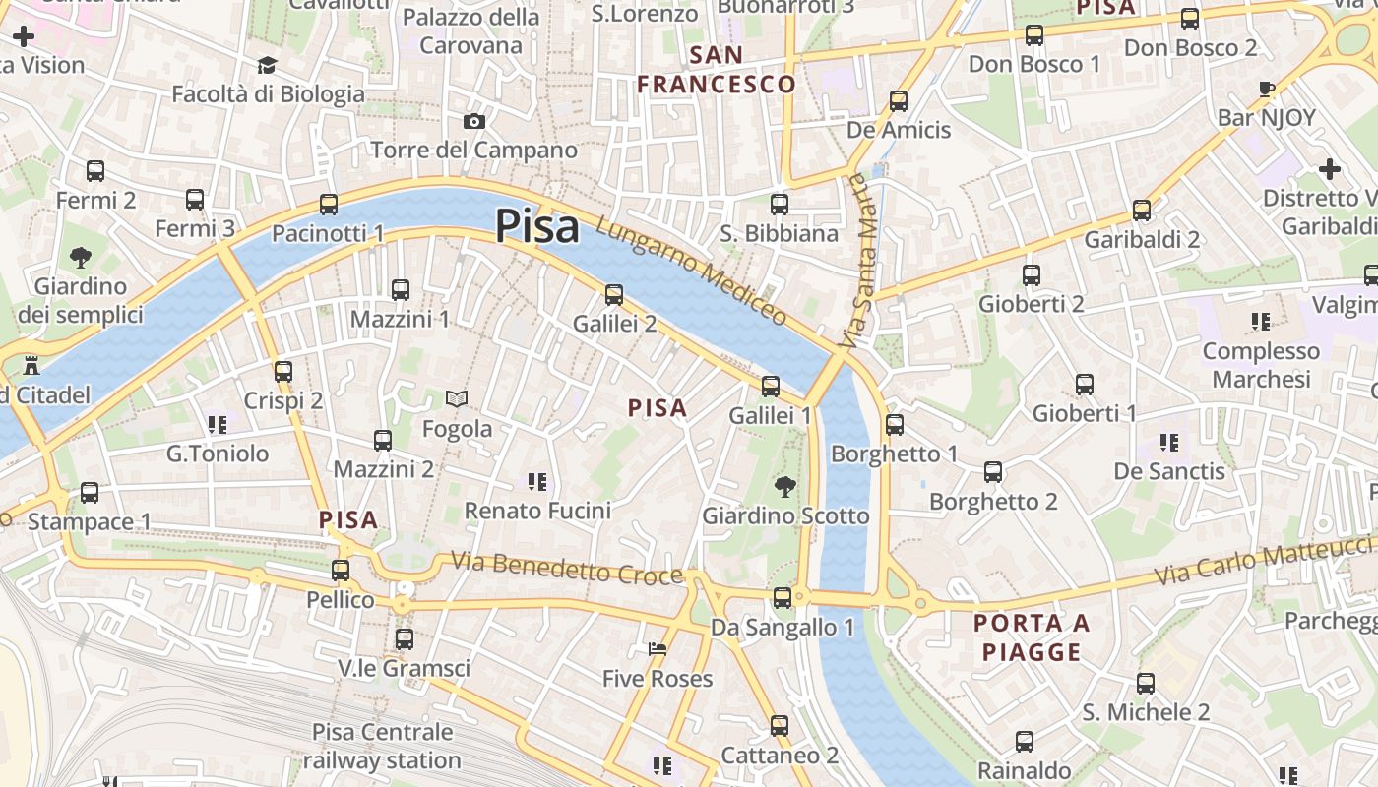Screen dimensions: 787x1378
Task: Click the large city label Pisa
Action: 536,225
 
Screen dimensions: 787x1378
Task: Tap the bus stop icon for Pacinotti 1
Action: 329,205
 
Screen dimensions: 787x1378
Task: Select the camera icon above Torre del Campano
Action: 474,121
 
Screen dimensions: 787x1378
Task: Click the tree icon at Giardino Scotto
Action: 784,486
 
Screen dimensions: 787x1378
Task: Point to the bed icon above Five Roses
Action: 658,649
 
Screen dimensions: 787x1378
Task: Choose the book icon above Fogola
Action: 456,398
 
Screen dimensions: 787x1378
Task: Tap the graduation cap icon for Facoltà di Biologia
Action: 268,66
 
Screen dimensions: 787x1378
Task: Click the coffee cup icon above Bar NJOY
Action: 1267,90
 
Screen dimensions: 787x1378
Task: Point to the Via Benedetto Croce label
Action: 567,568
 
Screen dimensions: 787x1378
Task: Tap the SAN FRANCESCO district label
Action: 716,69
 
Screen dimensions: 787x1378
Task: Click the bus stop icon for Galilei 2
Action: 614,294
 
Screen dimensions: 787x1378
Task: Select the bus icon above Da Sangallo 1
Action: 783,597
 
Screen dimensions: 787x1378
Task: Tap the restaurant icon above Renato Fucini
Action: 537,481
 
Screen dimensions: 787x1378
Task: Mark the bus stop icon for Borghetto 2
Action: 993,472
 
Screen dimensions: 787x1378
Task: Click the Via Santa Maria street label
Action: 856,261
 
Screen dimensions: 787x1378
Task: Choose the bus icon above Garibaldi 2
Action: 1142,210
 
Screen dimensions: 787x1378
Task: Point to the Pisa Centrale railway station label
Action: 382,746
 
